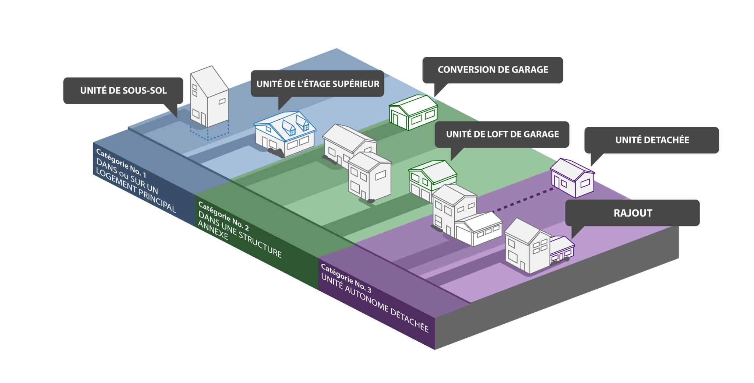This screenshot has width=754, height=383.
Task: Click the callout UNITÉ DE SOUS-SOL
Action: tap(123, 91)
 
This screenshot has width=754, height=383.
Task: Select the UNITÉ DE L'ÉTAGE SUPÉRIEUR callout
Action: tap(317, 84)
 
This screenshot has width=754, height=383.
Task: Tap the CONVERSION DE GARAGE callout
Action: tap(493, 70)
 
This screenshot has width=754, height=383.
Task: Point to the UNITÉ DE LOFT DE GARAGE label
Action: tap(502, 134)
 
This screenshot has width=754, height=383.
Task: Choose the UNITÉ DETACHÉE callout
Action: tap(652, 140)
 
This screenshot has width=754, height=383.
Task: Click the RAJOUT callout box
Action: tap(633, 213)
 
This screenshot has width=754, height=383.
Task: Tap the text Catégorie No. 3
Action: tap(346, 278)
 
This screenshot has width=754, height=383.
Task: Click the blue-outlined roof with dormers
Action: tap(285, 125)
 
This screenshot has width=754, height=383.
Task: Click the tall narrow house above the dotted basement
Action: tap(209, 96)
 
